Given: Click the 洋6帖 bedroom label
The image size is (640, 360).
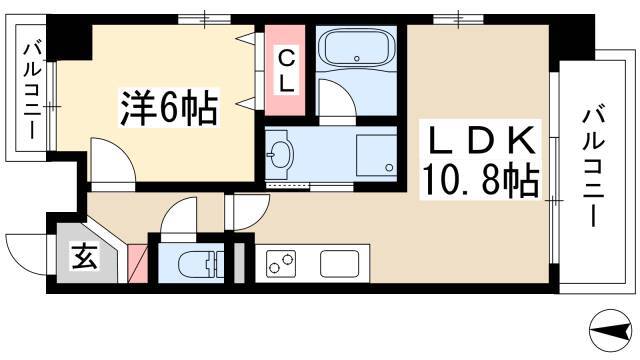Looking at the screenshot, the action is [169, 108].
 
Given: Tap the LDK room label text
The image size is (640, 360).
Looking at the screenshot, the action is [482, 140].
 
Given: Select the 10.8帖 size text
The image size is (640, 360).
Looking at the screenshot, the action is [480, 180].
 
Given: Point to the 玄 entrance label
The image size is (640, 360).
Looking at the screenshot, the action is [85, 256].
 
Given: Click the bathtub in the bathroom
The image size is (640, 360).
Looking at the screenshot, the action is [356, 48].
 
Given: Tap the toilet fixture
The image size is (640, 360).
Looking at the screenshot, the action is [201, 264].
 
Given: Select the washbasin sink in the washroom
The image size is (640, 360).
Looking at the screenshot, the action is [280, 154].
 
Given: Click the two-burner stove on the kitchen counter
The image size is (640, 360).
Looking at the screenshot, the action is [281, 262].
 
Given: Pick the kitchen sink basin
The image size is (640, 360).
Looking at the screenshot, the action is [340, 264].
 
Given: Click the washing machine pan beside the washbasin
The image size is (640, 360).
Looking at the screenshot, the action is [376, 155].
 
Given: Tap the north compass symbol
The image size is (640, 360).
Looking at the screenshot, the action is [610, 331].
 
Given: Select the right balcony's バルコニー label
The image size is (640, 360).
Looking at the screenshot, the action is [593, 166].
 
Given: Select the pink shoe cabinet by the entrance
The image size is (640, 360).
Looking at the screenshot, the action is [138, 263].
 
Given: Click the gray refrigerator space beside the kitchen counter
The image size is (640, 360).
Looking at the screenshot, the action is [239, 263].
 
